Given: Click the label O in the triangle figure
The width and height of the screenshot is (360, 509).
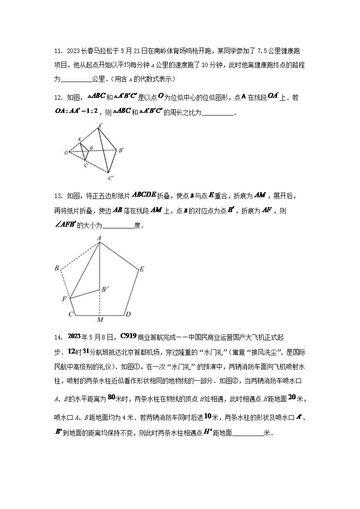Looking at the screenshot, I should [x=66, y=153].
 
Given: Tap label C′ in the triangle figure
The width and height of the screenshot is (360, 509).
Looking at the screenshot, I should [x=111, y=178].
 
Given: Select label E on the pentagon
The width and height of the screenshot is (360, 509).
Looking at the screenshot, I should [x=141, y=269].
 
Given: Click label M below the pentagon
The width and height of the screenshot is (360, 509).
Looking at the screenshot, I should [x=100, y=320].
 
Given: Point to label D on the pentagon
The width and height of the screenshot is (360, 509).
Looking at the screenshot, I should [x=128, y=315].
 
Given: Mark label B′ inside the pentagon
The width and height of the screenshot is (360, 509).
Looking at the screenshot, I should [x=104, y=289].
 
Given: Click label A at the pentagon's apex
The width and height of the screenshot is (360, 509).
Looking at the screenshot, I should [x=99, y=238].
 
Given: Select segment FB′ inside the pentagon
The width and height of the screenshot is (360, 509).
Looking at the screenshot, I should [x=85, y=294].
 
